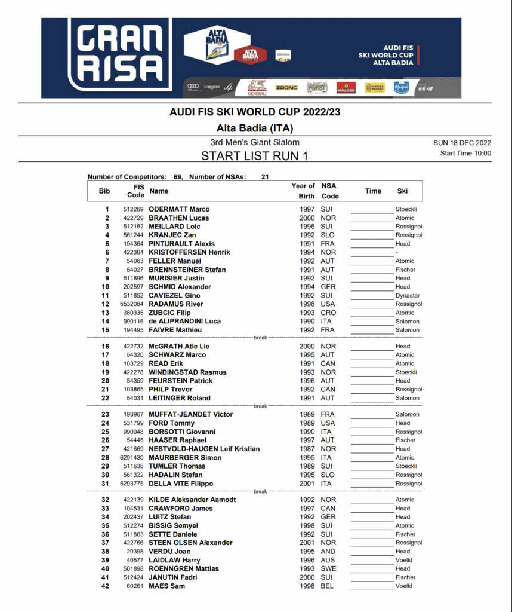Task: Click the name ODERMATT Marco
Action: tap(179, 209)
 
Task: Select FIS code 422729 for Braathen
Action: tap(134, 218)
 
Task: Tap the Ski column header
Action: tap(402, 191)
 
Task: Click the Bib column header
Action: tap(104, 191)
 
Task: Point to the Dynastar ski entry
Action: tap(408, 295)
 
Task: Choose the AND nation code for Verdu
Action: tap(328, 552)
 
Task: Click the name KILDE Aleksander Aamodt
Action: tap(192, 500)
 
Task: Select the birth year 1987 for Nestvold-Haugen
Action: tap(307, 449)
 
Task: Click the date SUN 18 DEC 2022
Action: tap(462, 143)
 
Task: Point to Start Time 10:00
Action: tap(465, 153)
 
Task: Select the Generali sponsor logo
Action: tap(257, 87)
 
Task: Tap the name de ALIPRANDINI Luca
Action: tap(184, 321)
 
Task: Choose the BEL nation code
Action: tap(328, 586)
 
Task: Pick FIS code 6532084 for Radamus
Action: tap(132, 304)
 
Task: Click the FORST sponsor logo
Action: tap(317, 88)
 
